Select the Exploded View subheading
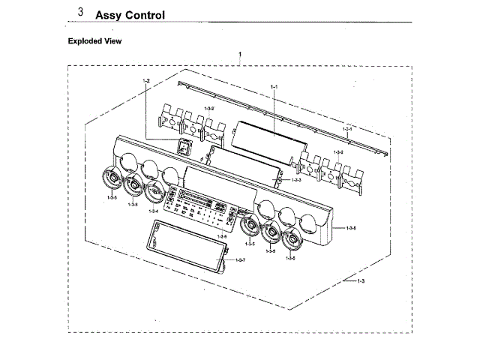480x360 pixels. point(94,41)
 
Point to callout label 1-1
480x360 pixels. point(274,88)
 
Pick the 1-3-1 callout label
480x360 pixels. point(347,129)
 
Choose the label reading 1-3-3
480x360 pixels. point(296,180)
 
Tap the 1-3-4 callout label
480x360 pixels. point(153,211)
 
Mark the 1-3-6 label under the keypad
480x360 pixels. point(222,238)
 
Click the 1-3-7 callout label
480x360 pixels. point(240,259)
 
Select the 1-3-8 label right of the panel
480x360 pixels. point(351,227)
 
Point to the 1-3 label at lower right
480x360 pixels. point(360,280)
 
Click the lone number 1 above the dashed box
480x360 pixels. point(239,55)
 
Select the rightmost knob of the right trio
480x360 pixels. point(291,239)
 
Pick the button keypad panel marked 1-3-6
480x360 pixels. point(199,203)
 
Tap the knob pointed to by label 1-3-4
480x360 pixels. point(155,192)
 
